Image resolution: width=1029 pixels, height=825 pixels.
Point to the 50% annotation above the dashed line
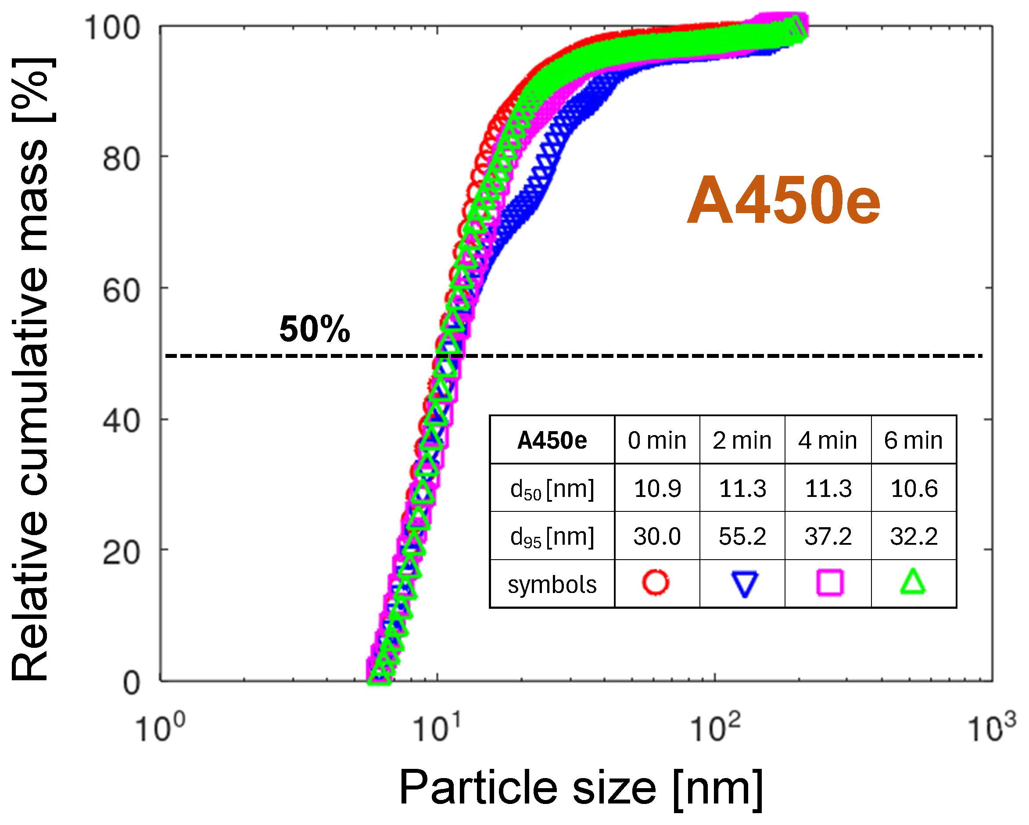pyautogui.click(x=315, y=329)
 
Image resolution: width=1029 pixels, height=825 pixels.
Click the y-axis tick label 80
pyautogui.click(x=121, y=160)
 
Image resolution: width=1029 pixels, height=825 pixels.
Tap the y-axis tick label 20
pyautogui.click(x=121, y=554)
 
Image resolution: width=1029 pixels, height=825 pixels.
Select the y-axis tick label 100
pyautogui.click(x=112, y=28)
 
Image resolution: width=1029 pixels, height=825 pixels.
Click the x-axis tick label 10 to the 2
pyautogui.click(x=714, y=728)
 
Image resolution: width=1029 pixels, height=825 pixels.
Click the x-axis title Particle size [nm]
pyautogui.click(x=580, y=788)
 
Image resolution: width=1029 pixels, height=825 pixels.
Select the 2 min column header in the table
pyautogui.click(x=742, y=440)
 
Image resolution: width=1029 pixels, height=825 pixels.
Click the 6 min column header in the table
pyautogui.click(x=913, y=440)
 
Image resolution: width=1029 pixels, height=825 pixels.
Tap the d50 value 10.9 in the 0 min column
pyautogui.click(x=657, y=489)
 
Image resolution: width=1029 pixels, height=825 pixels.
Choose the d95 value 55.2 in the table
pyautogui.click(x=742, y=536)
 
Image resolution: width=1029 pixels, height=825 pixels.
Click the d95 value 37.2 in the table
pyautogui.click(x=828, y=536)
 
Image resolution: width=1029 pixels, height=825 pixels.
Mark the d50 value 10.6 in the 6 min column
pyautogui.click(x=914, y=489)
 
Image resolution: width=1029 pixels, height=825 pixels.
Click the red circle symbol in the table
pyautogui.click(x=656, y=582)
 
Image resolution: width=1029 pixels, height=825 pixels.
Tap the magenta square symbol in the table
pyautogui.click(x=829, y=582)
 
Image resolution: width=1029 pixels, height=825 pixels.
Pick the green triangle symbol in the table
pyautogui.click(x=913, y=582)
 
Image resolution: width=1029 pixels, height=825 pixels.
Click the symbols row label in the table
pyautogui.click(x=552, y=585)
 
